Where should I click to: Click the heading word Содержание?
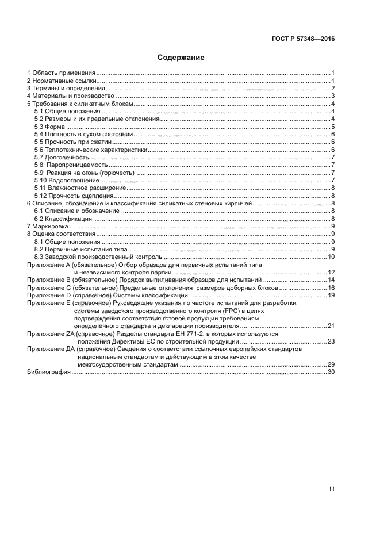[181, 58]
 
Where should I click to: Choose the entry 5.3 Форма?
[48, 127]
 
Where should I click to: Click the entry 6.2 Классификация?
[63, 219]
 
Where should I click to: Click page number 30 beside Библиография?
[331, 372]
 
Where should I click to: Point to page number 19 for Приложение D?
[331, 295]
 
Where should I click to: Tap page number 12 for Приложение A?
[331, 272]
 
